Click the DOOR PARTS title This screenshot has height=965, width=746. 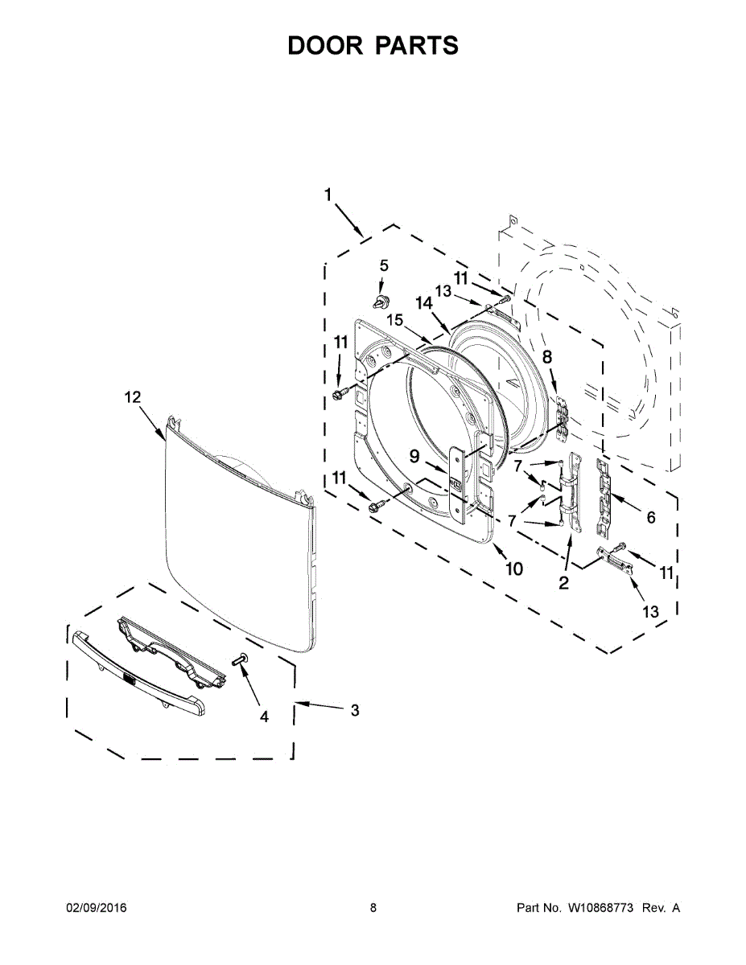(x=373, y=46)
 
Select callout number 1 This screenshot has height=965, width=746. (x=328, y=195)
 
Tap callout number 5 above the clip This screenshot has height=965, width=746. (x=383, y=265)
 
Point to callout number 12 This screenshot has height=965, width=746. (x=132, y=396)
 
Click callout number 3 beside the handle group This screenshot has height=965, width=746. (x=354, y=710)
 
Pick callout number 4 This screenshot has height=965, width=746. (x=264, y=717)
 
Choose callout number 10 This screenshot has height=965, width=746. (x=513, y=569)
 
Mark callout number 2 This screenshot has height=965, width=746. (x=563, y=583)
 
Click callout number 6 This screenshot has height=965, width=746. (x=650, y=518)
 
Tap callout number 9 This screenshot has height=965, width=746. (x=414, y=457)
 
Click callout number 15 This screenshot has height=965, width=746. (x=394, y=319)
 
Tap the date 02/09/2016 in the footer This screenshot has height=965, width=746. (x=96, y=908)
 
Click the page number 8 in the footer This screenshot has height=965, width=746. (x=373, y=908)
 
